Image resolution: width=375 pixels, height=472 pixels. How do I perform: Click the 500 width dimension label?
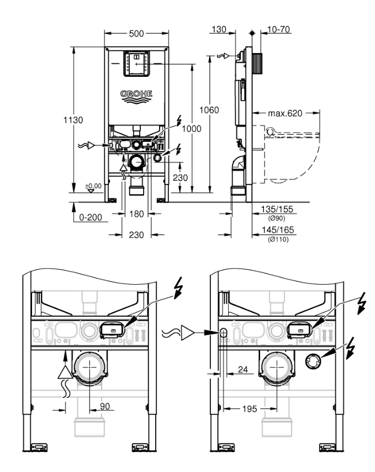[x=136, y=33]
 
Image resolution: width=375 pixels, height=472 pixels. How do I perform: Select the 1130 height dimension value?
[x=73, y=120]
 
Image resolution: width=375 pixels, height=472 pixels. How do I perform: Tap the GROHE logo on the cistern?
[x=136, y=96]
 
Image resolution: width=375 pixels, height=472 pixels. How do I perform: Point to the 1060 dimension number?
[x=209, y=110]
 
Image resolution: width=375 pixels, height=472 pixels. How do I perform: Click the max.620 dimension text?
[x=285, y=113]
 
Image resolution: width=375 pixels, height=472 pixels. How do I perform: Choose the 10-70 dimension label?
[x=278, y=29]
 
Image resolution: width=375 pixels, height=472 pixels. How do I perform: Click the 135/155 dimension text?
[x=277, y=209]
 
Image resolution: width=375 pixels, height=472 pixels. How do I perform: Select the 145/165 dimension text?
[x=278, y=230]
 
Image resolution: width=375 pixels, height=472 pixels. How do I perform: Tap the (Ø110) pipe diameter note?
[x=278, y=239]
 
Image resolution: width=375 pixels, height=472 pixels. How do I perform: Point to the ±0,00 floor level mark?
[x=93, y=186]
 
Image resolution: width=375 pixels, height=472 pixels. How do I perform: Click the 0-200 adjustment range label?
[x=91, y=217]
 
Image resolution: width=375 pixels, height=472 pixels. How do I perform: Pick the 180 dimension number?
[x=136, y=214]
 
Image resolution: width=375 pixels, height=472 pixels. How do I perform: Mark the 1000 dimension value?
[x=192, y=129]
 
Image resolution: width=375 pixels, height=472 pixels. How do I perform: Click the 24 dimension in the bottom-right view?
[x=242, y=369]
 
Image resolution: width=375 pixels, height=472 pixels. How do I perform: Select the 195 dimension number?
[x=250, y=408]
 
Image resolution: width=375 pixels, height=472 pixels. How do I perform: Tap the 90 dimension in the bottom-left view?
[x=104, y=406]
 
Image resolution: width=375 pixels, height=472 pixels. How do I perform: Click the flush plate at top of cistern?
[x=136, y=64]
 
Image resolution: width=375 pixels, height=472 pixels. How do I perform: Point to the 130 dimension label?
[x=219, y=29]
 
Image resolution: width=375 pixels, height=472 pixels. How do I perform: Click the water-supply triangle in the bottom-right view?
[x=188, y=333]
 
